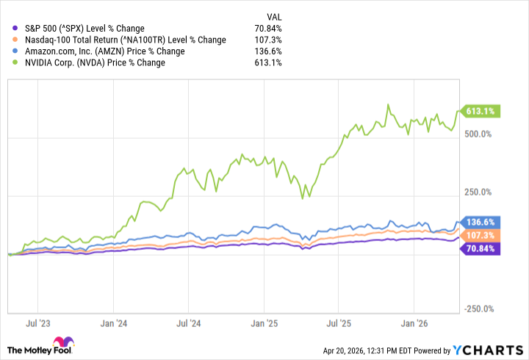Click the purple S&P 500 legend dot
[15, 29]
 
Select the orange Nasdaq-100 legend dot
[15, 40]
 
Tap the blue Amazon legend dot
[15, 51]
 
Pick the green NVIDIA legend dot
[15, 62]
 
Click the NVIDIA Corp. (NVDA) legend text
[95, 62]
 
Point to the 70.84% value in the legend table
[268, 29]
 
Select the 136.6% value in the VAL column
[268, 51]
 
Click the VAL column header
[274, 17]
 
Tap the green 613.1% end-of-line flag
[480, 112]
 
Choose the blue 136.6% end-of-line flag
[480, 222]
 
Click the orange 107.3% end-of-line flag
[480, 235]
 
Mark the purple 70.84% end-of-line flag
[480, 248]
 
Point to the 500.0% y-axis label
[478, 134]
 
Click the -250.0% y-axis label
[479, 309]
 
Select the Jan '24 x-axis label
[114, 323]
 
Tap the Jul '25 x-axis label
[339, 323]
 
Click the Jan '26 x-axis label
[414, 323]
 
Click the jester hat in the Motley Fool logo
[64, 342]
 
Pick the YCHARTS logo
[488, 350]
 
